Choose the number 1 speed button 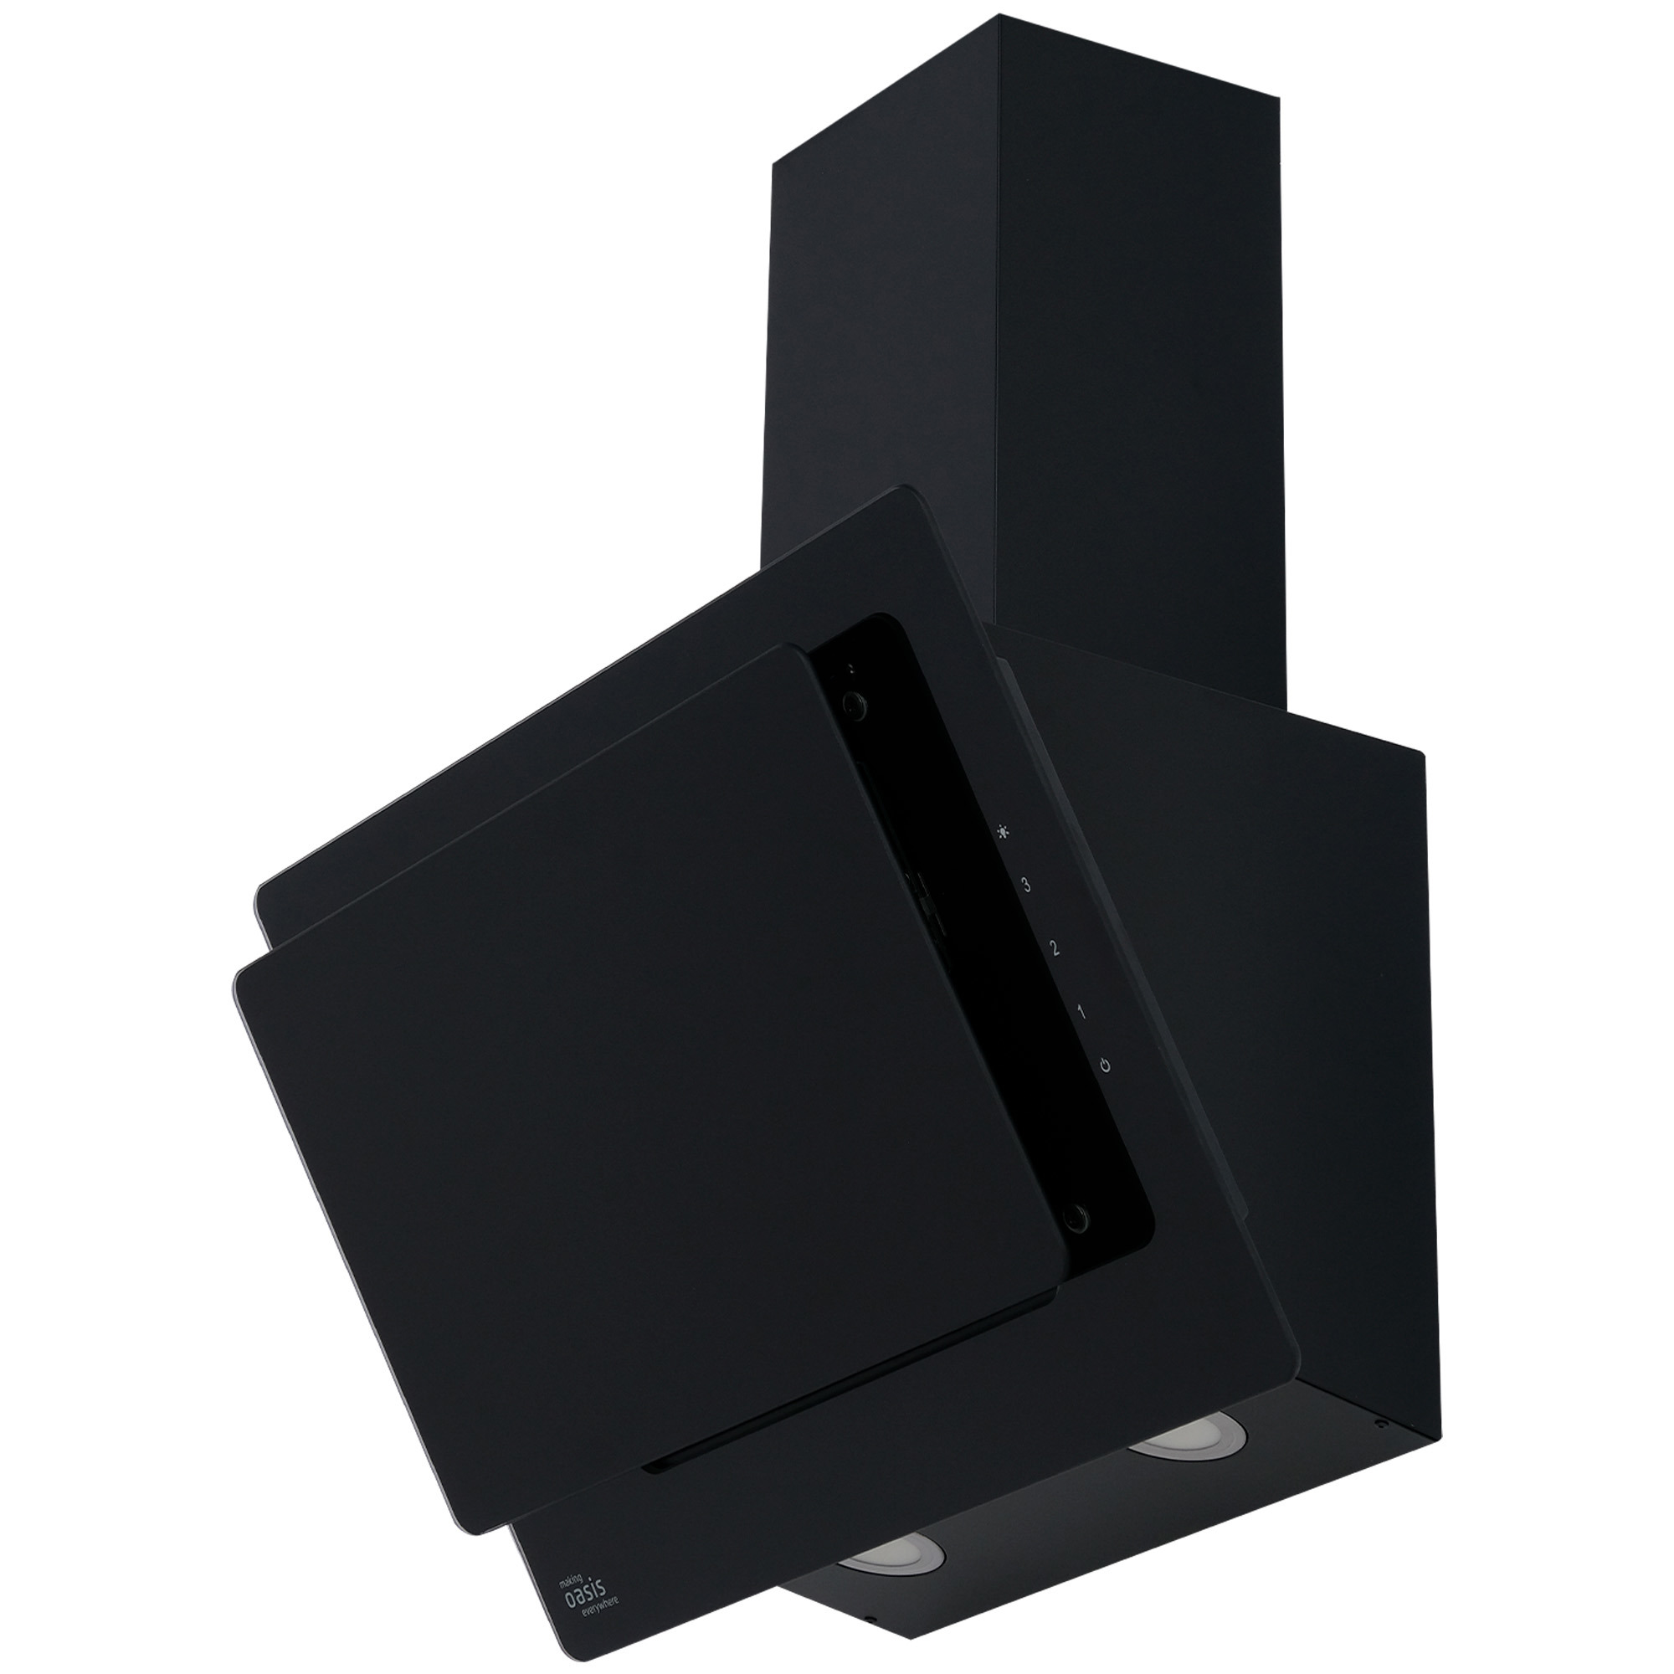coord(1081,1011)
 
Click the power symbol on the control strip coord(1105,1064)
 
